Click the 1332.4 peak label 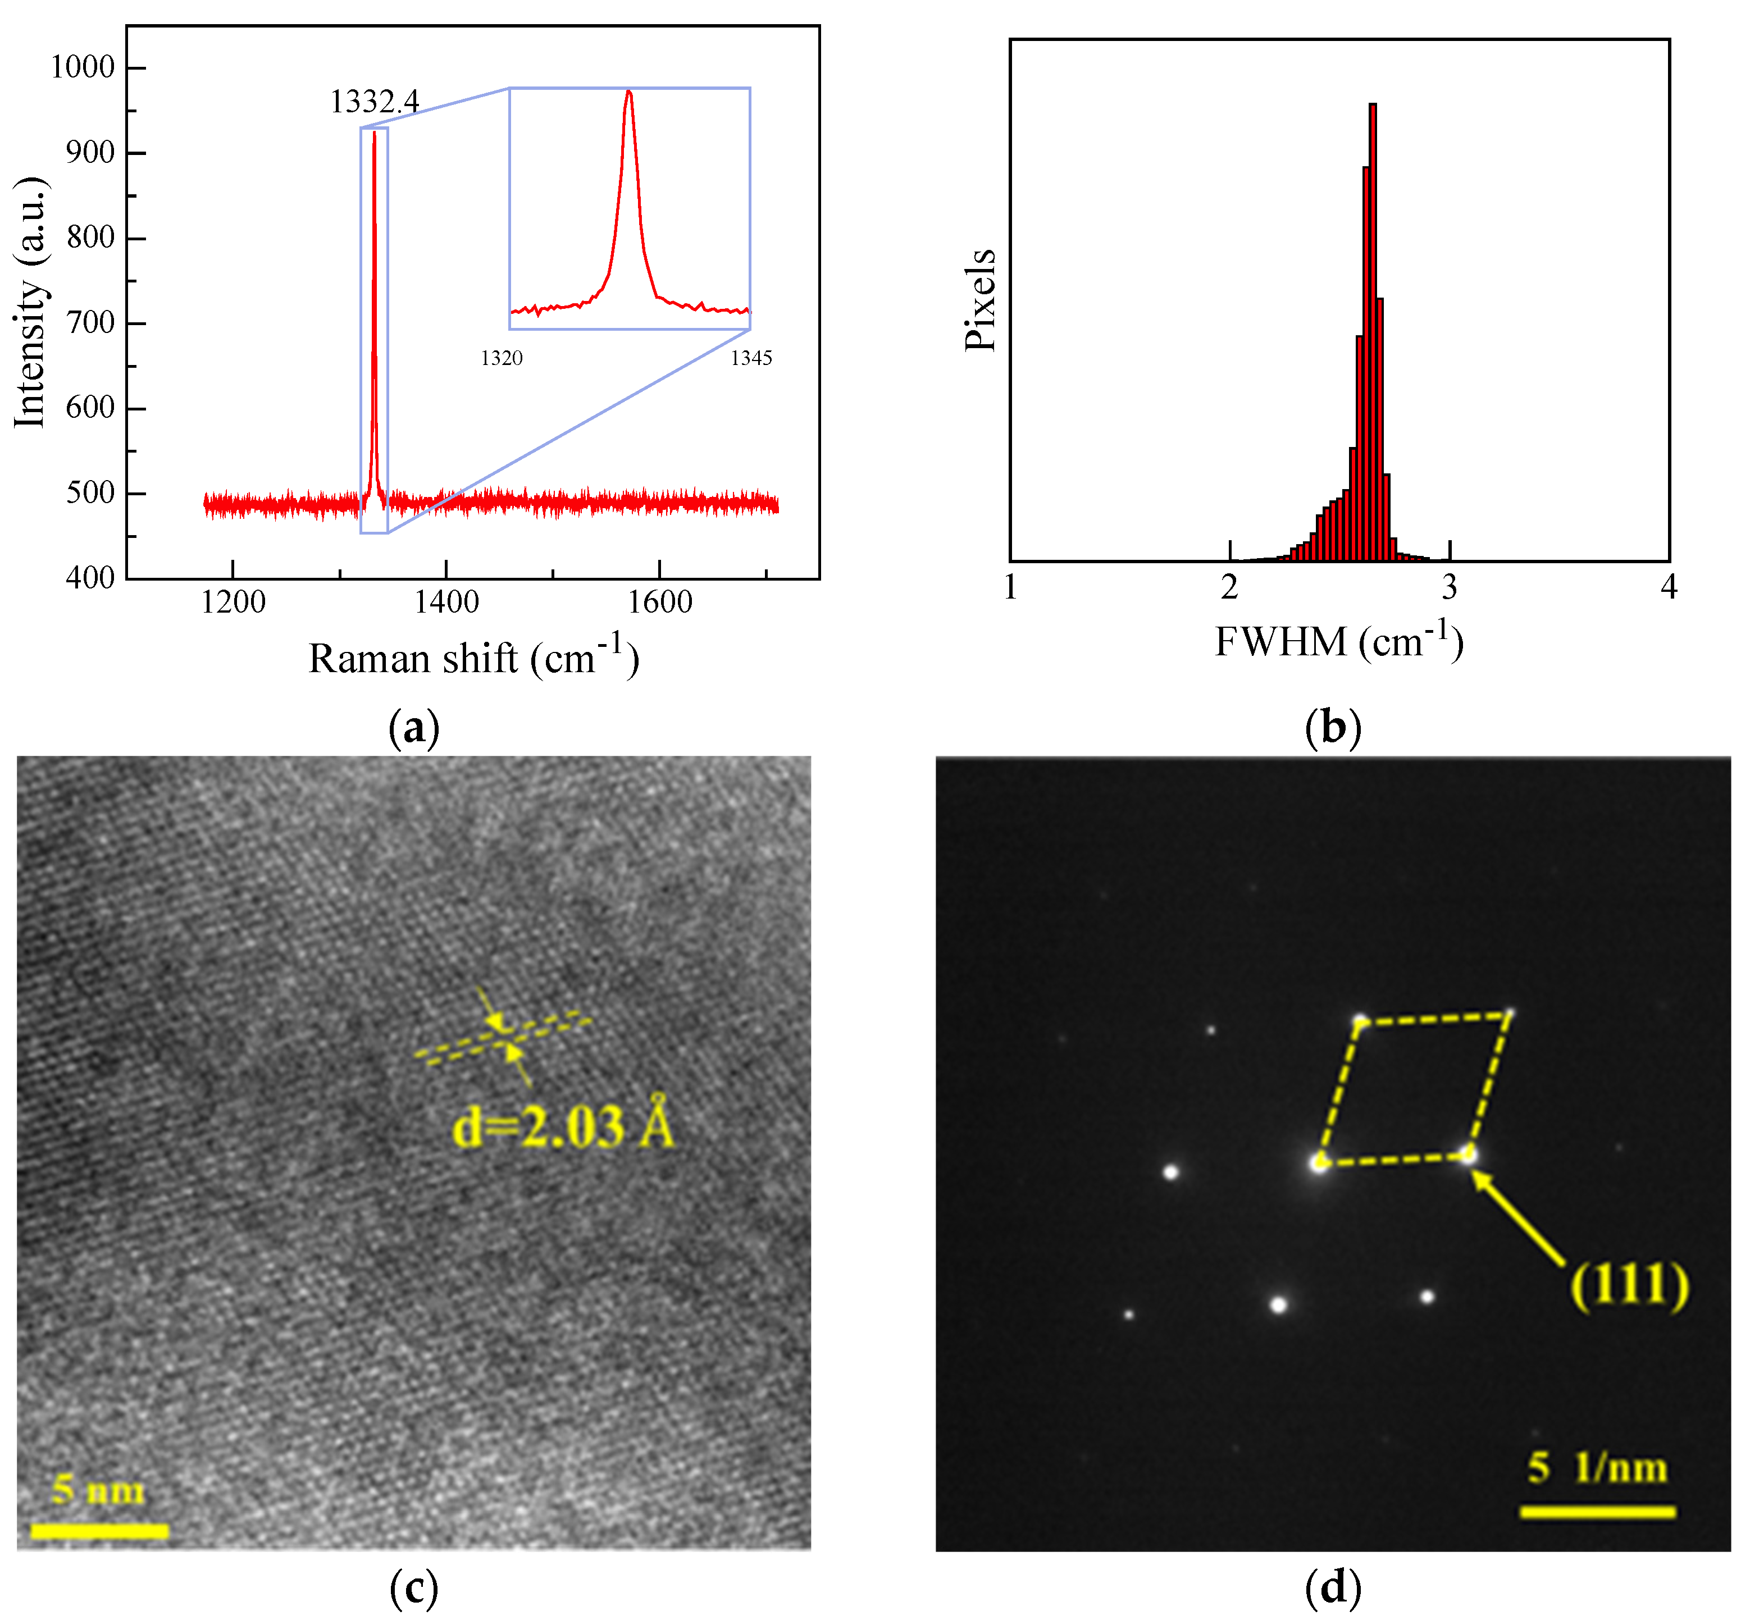[375, 103]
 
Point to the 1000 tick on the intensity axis [83, 67]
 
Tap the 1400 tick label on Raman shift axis [446, 603]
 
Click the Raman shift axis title [473, 658]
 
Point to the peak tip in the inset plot [628, 92]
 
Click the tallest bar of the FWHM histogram [1372, 333]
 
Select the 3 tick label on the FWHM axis [1450, 587]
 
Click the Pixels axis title [980, 300]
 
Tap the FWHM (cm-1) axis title [1339, 642]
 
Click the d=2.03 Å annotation [563, 1126]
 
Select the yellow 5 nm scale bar [99, 1531]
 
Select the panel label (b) [1333, 728]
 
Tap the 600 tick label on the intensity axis [90, 408]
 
